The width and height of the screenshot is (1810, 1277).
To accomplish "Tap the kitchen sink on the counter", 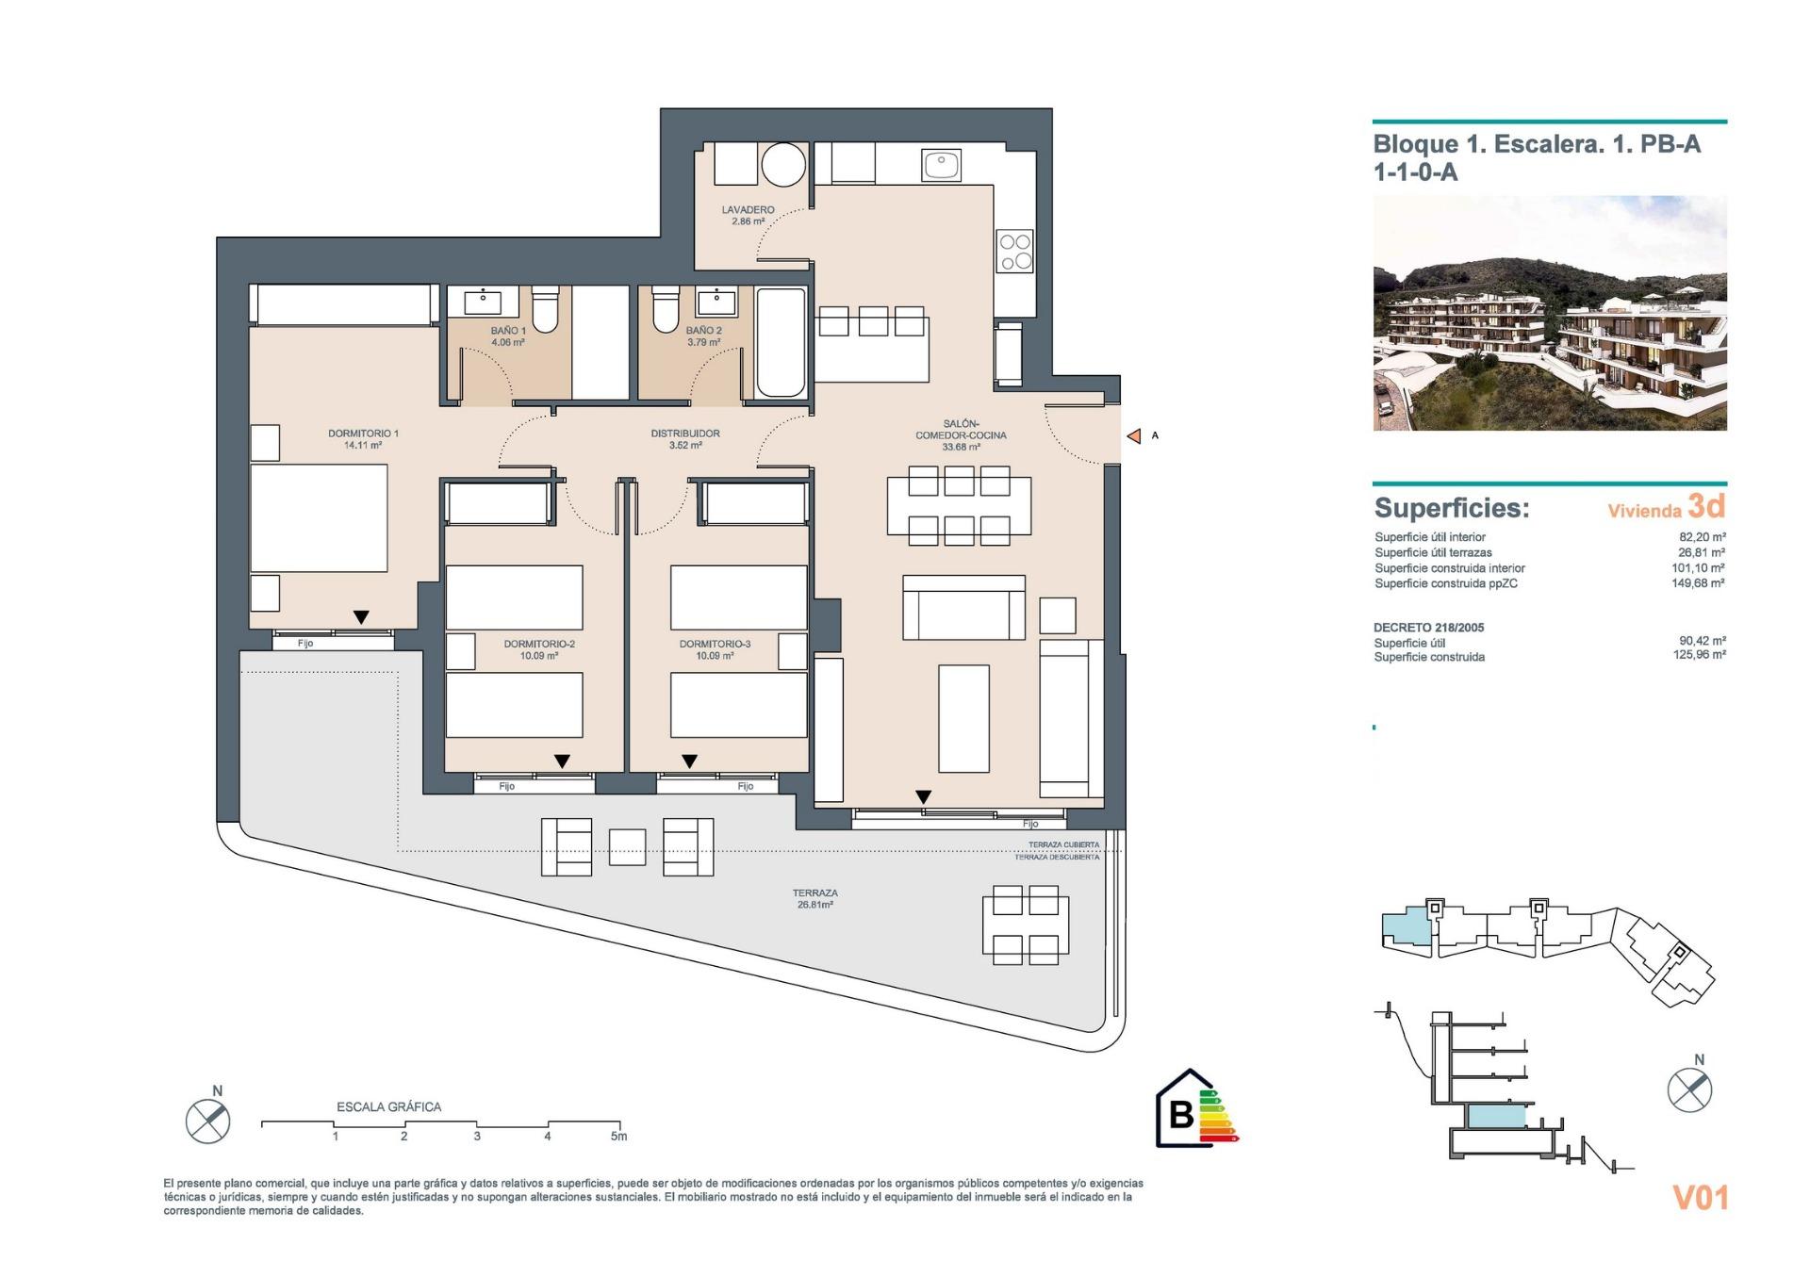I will point(941,166).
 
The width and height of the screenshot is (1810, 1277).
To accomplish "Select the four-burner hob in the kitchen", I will point(1015,252).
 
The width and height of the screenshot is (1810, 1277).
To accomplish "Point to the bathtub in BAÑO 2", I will point(781,342).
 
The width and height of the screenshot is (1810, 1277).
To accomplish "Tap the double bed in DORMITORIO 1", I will point(319,517).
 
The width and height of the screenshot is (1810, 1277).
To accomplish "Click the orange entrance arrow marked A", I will point(1135,435).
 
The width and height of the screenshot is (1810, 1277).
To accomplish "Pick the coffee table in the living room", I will point(963,718).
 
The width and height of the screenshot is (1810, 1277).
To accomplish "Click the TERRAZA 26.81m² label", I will point(814,898).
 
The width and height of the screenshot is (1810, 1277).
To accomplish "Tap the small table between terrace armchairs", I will point(627,846).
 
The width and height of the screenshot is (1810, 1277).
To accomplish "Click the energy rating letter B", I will point(1180,1114).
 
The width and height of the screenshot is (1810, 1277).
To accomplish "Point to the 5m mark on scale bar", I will point(618,1136).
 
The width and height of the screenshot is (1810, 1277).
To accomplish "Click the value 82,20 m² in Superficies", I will point(1702,537).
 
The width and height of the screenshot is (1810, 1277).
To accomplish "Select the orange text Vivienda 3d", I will point(1666,508).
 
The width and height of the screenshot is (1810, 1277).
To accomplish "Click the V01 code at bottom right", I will point(1700,1198).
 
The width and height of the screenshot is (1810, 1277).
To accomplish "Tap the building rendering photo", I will point(1549,313).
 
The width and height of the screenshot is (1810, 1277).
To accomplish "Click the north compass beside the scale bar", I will point(207,1120).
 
